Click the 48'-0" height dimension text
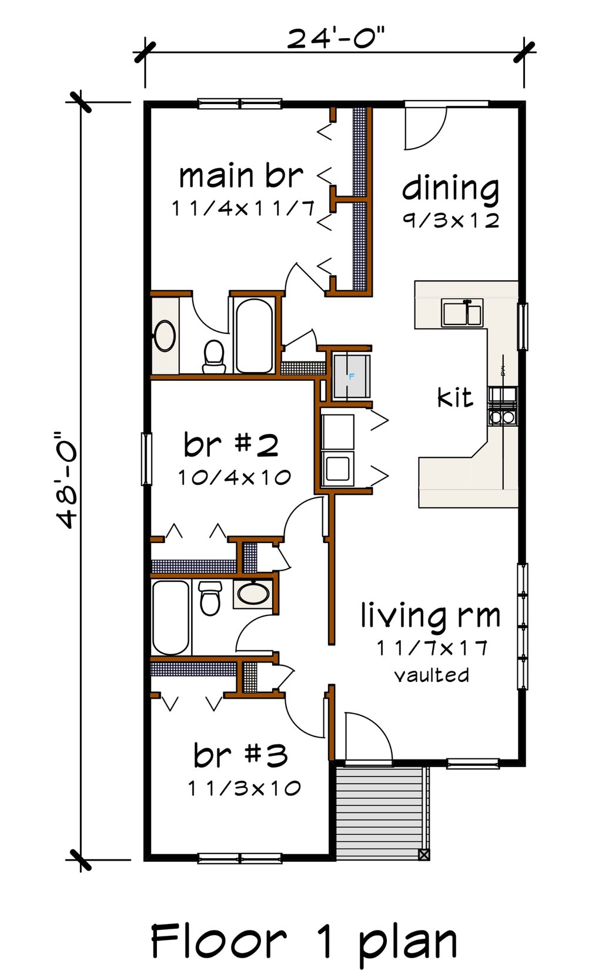(66, 481)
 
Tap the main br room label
(241, 176)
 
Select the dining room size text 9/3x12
(451, 220)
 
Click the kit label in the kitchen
(455, 398)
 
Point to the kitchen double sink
(462, 313)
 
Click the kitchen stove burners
(502, 406)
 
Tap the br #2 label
(231, 445)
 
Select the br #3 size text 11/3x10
(244, 788)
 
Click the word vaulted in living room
(432, 675)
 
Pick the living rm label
(430, 616)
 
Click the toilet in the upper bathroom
(214, 357)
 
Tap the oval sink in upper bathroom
(165, 336)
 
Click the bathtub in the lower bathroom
(171, 617)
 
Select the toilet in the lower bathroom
(210, 598)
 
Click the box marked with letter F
(352, 376)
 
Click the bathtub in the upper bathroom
(254, 335)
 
